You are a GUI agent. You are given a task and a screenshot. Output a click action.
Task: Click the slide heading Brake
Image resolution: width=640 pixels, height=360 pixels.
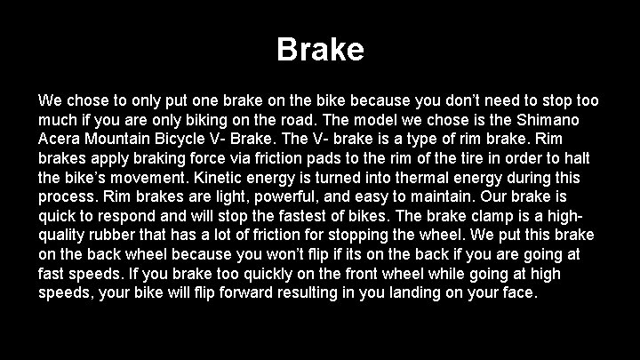320,49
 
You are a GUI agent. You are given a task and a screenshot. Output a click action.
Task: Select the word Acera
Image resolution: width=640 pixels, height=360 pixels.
60,139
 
